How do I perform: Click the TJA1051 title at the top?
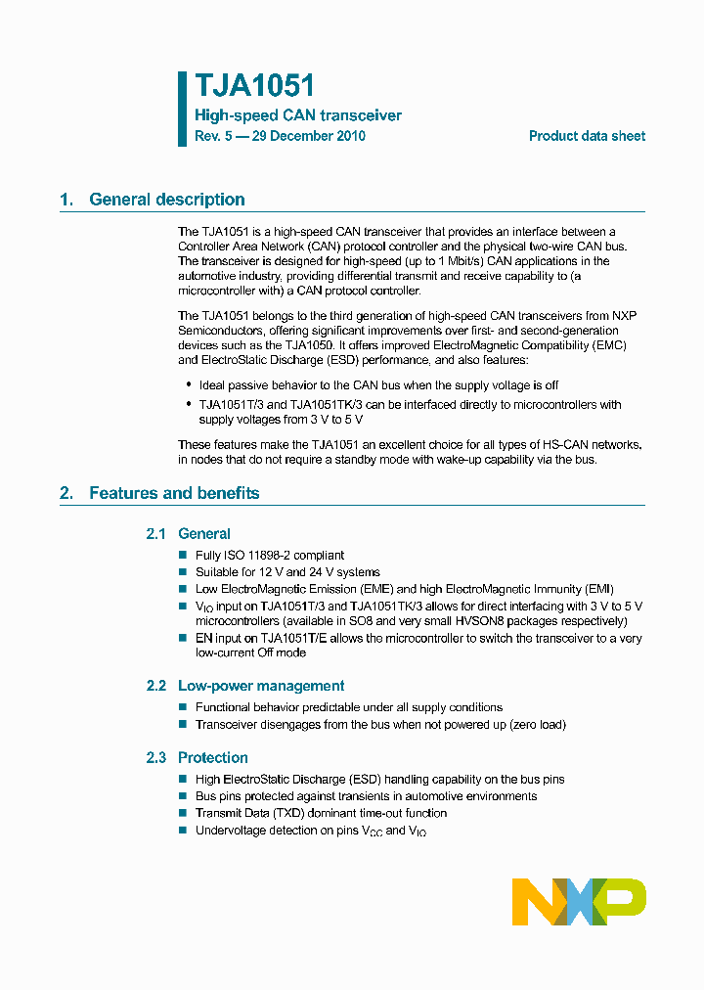tap(254, 86)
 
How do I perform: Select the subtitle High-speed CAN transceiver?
tap(298, 115)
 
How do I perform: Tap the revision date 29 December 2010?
tap(309, 136)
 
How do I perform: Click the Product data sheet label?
tap(587, 136)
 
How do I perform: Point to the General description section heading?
tap(167, 200)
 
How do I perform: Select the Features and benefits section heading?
tap(174, 493)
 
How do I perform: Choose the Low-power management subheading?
tap(261, 686)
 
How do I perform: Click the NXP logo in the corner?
tap(579, 901)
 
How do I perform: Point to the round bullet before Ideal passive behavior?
tap(189, 384)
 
